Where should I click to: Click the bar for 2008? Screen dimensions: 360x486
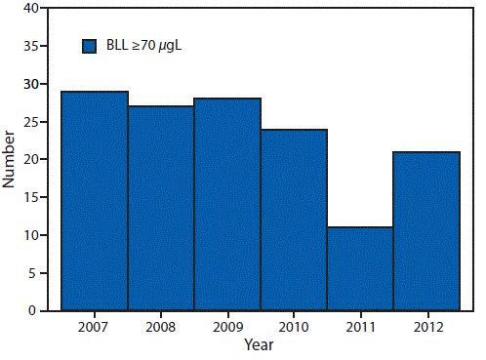(161, 208)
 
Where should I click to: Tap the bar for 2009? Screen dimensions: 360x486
(227, 204)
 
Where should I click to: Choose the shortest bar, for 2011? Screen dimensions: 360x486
(360, 268)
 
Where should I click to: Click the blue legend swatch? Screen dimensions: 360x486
(89, 45)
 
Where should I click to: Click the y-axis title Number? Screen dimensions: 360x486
(10, 159)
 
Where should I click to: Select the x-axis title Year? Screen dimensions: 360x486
(260, 344)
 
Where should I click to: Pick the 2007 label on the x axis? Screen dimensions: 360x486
(95, 326)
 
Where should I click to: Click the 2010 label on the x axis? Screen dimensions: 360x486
(294, 326)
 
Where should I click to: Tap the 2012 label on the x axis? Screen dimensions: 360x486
(426, 326)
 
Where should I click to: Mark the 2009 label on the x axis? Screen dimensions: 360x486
(227, 326)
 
